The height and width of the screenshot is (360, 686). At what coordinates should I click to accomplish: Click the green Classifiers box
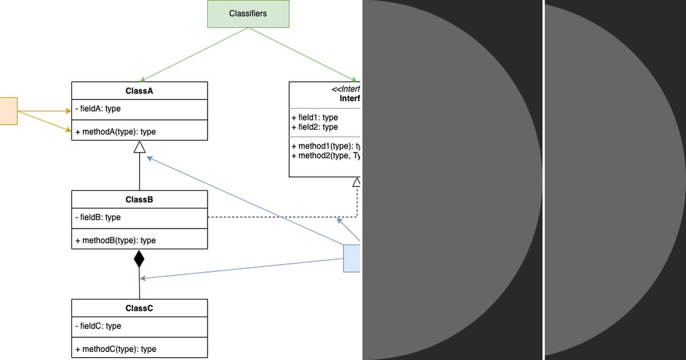(248, 14)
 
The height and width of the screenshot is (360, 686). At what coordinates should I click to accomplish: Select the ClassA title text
(139, 91)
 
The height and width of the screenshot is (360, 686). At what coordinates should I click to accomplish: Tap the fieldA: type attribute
(98, 109)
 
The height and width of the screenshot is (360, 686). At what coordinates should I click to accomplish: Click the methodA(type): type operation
(115, 132)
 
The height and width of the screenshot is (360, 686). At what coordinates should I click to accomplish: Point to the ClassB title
(139, 199)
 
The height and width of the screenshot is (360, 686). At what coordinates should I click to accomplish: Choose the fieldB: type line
(98, 218)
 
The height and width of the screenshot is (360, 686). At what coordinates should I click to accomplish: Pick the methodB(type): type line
(115, 241)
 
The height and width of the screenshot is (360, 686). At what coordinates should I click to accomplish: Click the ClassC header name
(139, 308)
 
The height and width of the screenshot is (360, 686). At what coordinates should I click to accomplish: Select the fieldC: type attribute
(98, 326)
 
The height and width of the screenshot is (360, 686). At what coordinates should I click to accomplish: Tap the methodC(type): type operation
(115, 349)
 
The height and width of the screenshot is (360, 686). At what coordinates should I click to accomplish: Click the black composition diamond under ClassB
(139, 259)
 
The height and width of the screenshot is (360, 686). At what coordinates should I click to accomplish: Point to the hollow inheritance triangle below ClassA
(139, 147)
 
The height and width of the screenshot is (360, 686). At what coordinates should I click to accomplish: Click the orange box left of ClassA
(8, 111)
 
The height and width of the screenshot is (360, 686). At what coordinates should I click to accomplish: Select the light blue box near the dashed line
(352, 258)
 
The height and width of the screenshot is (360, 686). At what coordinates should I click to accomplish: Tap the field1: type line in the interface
(315, 118)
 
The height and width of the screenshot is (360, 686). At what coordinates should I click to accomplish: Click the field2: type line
(315, 127)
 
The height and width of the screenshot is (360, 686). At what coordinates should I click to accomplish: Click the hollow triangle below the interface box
(357, 182)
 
